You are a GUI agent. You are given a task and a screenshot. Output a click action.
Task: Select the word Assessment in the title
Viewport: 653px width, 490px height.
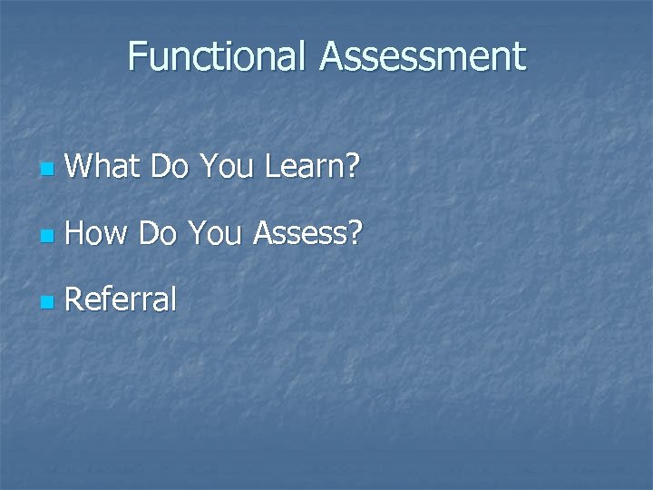[422, 56]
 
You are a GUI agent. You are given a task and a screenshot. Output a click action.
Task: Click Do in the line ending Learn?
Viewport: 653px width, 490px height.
[170, 166]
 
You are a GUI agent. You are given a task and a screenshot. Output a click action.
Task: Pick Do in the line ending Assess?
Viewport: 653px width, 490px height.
[160, 233]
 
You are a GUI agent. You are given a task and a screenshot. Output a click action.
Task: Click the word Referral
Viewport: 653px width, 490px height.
[121, 299]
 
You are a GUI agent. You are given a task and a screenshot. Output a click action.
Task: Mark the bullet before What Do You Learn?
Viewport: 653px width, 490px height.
[46, 170]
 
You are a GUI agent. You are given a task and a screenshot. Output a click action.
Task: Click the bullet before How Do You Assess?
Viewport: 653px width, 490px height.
[46, 236]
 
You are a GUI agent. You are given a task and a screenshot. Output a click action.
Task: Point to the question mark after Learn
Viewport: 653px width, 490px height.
[353, 166]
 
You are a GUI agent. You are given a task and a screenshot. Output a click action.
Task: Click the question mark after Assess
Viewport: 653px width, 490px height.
[355, 233]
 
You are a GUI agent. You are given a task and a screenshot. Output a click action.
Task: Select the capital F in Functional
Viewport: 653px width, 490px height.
[137, 56]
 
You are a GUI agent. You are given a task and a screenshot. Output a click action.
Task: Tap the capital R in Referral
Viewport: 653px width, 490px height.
[75, 299]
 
